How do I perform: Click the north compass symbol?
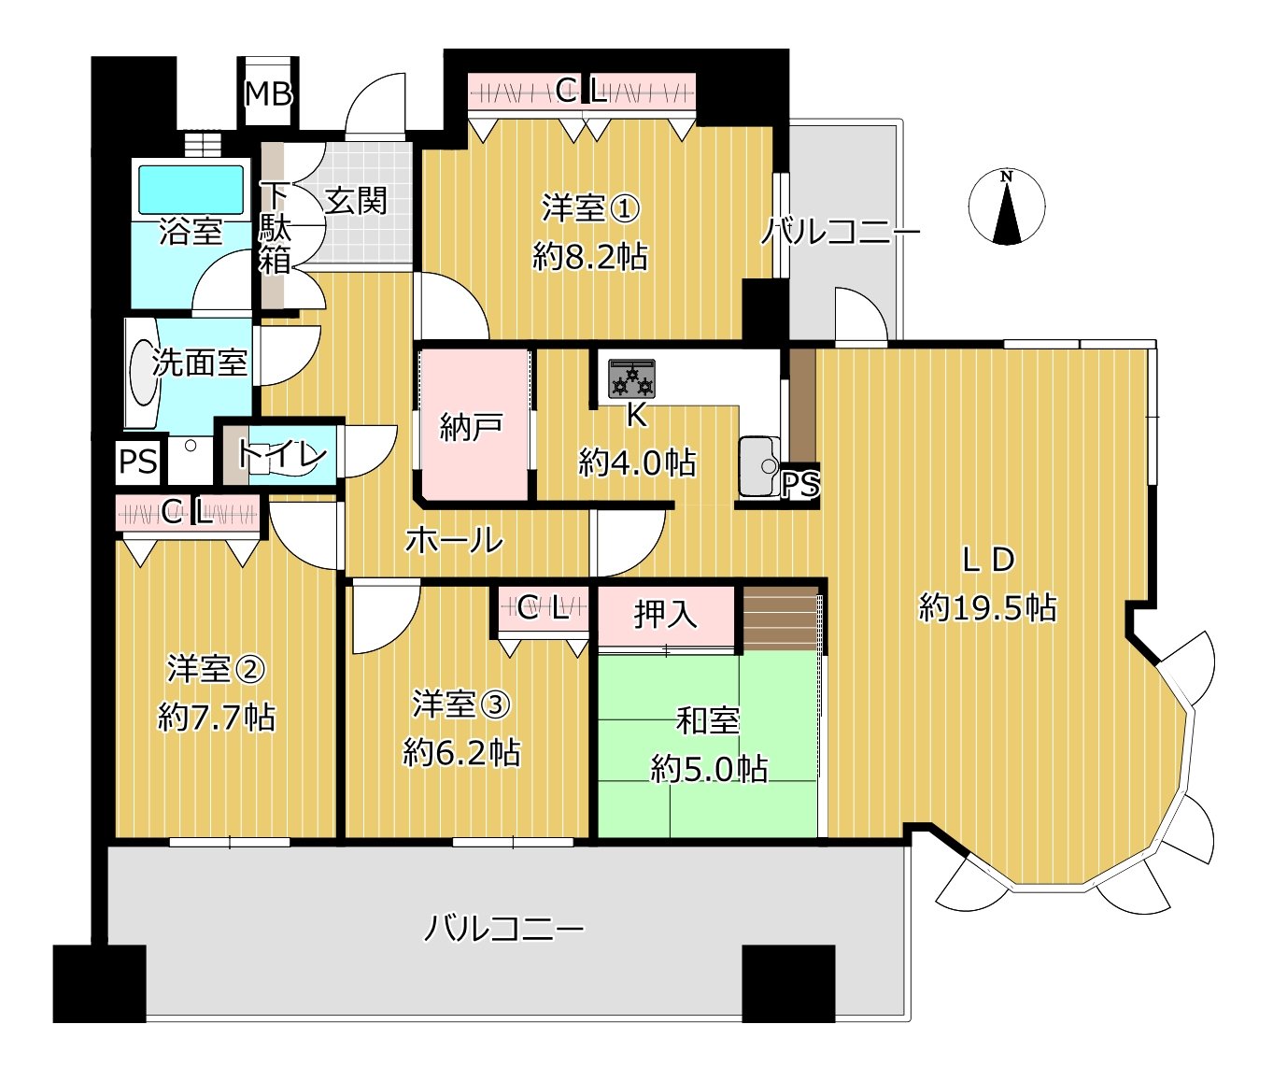1006,208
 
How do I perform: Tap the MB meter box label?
269,93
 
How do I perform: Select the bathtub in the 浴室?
191,189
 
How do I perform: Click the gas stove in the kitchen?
632,378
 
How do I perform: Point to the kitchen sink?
758,464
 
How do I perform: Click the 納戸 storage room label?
472,427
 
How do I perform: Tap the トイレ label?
281,455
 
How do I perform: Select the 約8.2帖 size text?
590,256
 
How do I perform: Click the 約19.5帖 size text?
987,608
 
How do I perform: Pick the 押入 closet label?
665,614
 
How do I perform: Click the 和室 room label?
708,721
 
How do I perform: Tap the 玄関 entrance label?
356,200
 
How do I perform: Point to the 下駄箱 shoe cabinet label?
275,228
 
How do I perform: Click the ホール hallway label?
454,540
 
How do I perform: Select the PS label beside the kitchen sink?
800,484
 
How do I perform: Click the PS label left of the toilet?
138,462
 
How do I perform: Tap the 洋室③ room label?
461,704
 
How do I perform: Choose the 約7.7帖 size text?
217,718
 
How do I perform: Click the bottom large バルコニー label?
504,929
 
